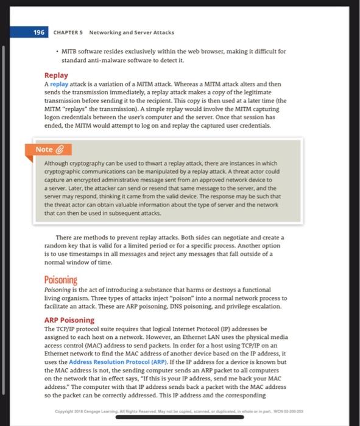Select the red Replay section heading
pos(56,75)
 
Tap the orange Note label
pos(44,149)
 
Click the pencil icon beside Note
pos(60,149)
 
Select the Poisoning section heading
pos(61,280)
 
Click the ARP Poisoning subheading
pos(69,319)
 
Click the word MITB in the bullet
pos(69,51)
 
